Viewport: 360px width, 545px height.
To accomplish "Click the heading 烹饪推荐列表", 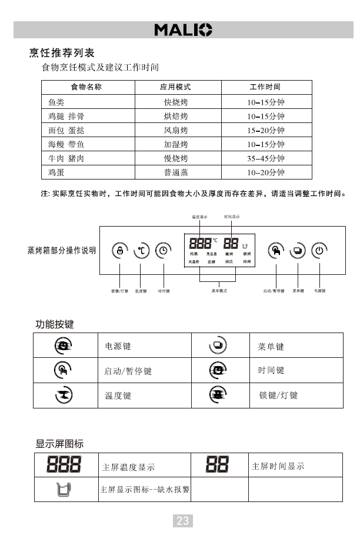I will pos(62,53).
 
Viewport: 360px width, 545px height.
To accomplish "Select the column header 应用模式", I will pos(175,87).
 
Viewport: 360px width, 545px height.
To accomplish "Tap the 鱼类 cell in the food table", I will pos(56,102).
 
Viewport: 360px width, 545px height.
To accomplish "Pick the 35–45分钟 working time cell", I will pos(265,159).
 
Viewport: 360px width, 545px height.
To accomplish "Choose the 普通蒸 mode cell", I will pos(175,173).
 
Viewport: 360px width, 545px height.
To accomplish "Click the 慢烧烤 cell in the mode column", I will pos(175,159).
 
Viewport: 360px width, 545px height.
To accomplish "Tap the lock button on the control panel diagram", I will pos(120,250).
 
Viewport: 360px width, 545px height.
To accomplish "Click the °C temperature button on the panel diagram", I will pos(141,250).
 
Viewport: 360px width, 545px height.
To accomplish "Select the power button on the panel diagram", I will pos(319,250).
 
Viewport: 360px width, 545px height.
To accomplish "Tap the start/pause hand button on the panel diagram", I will pos(276,250).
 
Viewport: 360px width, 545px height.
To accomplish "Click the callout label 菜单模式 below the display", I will pos(219,291).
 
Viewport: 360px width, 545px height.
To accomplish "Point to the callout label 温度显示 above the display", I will pos(199,217).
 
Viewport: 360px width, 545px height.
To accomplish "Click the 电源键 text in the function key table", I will pos(118,347).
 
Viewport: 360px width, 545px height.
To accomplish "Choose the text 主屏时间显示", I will pos(278,466).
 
